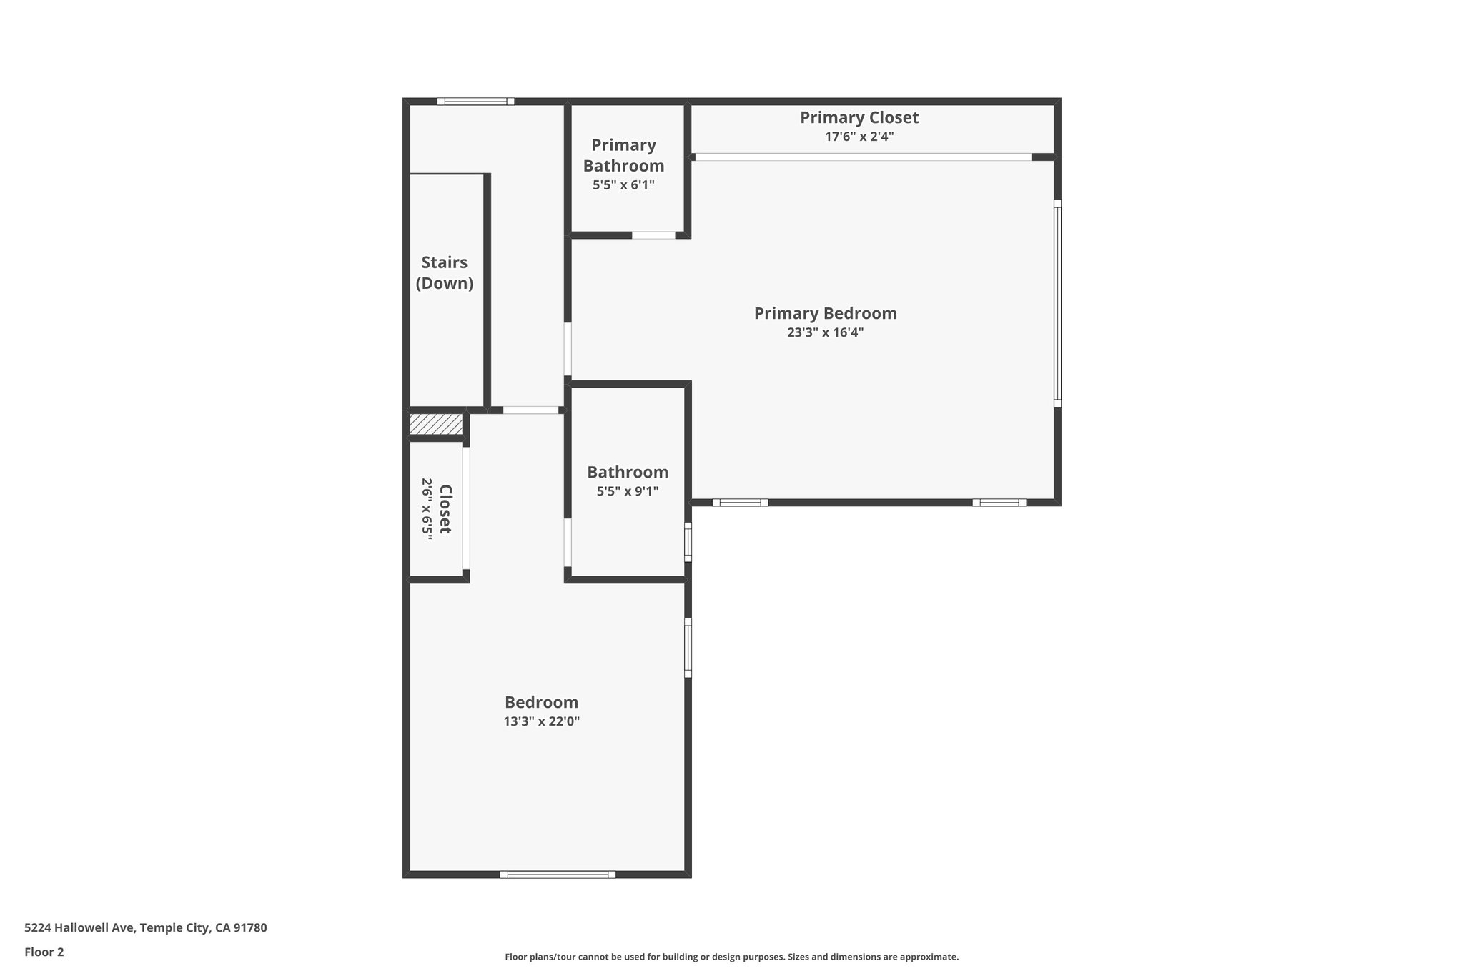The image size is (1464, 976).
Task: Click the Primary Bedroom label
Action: (x=825, y=313)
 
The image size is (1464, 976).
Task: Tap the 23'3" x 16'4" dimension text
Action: (x=825, y=332)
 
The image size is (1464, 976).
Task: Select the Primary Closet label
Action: (x=859, y=117)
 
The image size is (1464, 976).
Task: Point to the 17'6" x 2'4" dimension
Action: (x=859, y=137)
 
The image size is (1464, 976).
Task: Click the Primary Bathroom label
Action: (x=623, y=155)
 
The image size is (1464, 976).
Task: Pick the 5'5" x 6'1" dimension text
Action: (x=623, y=185)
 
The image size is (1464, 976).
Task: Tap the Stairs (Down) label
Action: (x=445, y=272)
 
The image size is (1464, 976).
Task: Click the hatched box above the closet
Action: (x=436, y=424)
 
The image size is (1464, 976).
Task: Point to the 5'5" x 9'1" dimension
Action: (x=628, y=491)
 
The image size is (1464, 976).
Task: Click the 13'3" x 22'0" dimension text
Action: (x=541, y=721)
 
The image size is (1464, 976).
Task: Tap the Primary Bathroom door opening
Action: (x=653, y=235)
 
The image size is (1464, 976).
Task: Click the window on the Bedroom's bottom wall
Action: (x=558, y=874)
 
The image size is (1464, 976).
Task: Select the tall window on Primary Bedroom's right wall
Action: (x=1057, y=304)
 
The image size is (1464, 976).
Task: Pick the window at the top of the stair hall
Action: (x=475, y=102)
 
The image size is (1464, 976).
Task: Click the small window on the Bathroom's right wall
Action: (x=688, y=542)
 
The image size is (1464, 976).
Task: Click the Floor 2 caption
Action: (x=44, y=952)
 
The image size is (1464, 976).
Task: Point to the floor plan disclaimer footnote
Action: (x=731, y=957)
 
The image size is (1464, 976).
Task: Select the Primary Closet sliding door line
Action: (x=863, y=157)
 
